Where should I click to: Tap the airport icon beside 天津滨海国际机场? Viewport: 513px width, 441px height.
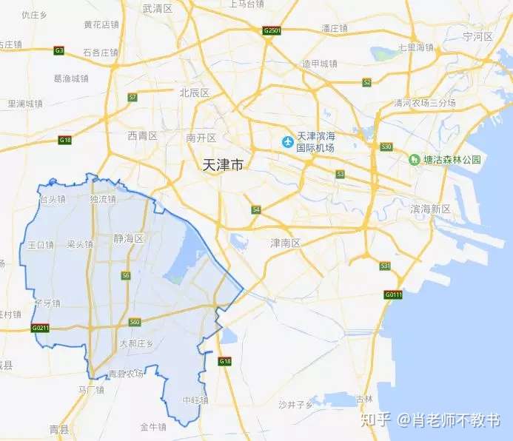(285, 141)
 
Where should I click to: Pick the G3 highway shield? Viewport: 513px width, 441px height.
(59, 50)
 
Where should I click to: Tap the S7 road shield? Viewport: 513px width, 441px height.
(133, 97)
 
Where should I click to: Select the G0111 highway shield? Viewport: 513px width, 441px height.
(393, 294)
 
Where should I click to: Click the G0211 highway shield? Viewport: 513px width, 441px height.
(41, 327)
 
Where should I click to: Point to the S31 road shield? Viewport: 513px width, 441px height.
(384, 265)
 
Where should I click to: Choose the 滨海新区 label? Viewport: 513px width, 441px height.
(430, 209)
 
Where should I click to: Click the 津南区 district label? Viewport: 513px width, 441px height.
(284, 243)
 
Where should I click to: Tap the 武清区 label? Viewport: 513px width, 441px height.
(157, 9)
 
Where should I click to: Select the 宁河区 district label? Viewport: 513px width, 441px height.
(477, 36)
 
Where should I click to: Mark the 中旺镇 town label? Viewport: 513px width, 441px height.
(195, 400)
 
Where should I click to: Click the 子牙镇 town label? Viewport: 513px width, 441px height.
(47, 303)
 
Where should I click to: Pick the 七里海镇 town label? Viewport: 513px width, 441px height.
(415, 47)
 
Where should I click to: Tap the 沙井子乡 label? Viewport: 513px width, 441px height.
(295, 404)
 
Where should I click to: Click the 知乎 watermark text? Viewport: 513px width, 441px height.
(375, 420)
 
